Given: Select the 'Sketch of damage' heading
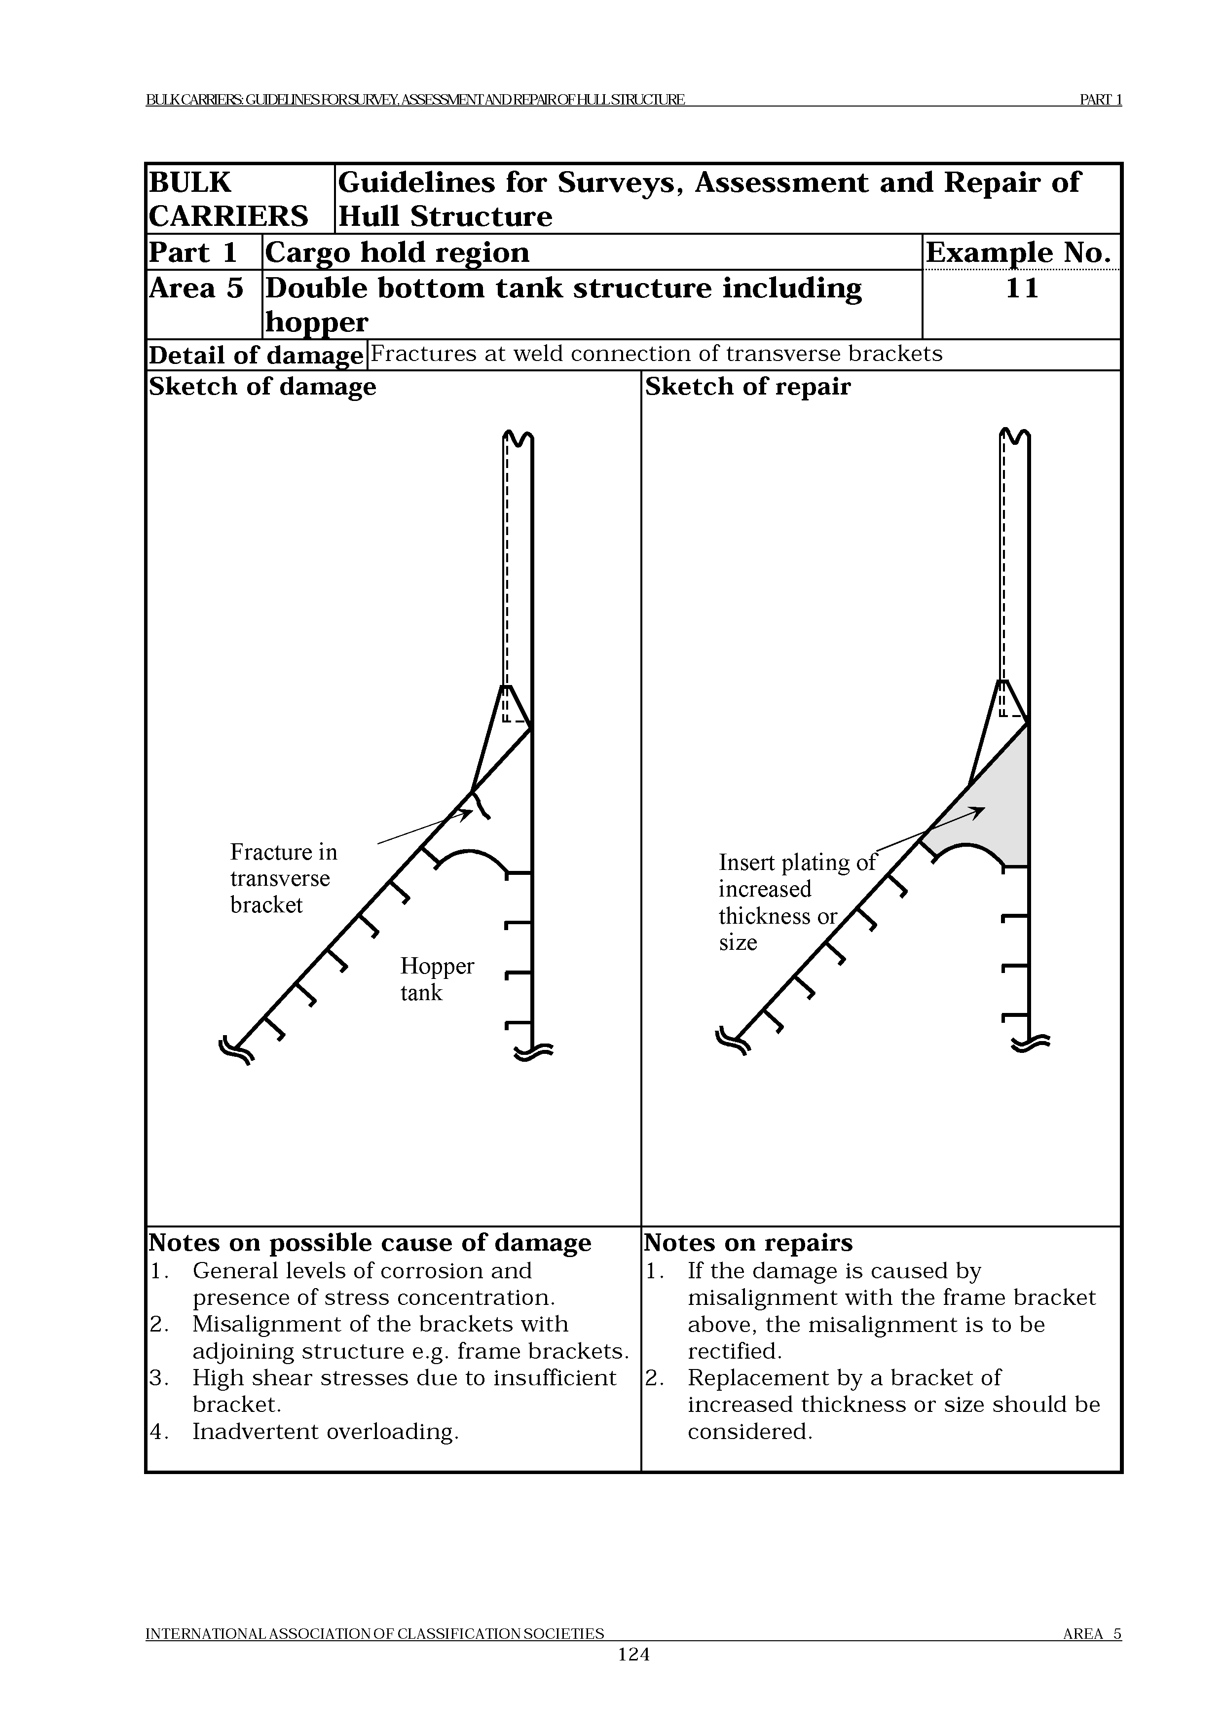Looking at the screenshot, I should [x=262, y=387].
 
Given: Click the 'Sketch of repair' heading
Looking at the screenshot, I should [x=747, y=387].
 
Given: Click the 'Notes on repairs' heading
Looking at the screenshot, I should [x=748, y=1242].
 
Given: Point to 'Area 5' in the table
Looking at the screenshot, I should [x=196, y=288].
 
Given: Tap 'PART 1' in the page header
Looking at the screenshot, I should [x=1100, y=100].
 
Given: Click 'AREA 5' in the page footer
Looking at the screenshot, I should [x=1092, y=1655].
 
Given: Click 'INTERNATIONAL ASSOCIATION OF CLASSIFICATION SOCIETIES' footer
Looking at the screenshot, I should [x=374, y=1655].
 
